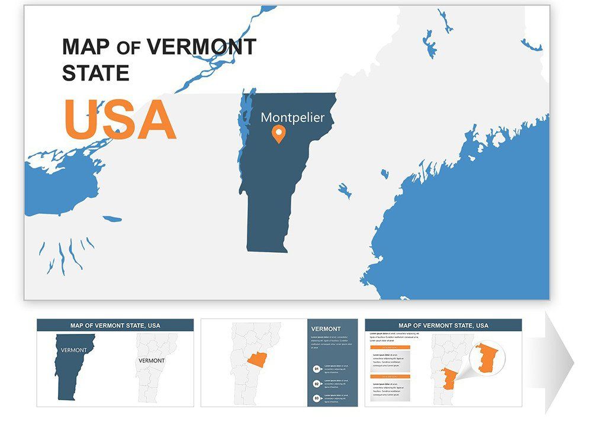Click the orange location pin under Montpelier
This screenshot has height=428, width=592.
[278, 134]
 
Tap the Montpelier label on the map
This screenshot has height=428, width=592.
[292, 117]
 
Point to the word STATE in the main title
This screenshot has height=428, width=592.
[95, 73]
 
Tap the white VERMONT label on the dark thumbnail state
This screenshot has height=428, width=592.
[74, 350]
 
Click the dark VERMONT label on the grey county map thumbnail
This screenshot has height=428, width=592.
[152, 360]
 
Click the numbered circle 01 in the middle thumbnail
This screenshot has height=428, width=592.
[317, 368]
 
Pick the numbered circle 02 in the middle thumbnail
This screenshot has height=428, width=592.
[317, 384]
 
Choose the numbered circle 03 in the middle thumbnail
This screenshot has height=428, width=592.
[317, 398]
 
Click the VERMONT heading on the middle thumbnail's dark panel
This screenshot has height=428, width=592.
[326, 329]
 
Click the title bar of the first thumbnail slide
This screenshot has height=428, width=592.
[115, 325]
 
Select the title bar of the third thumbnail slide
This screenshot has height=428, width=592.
[443, 325]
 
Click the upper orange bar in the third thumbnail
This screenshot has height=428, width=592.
[390, 348]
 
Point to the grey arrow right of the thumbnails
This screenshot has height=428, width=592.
[559, 361]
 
